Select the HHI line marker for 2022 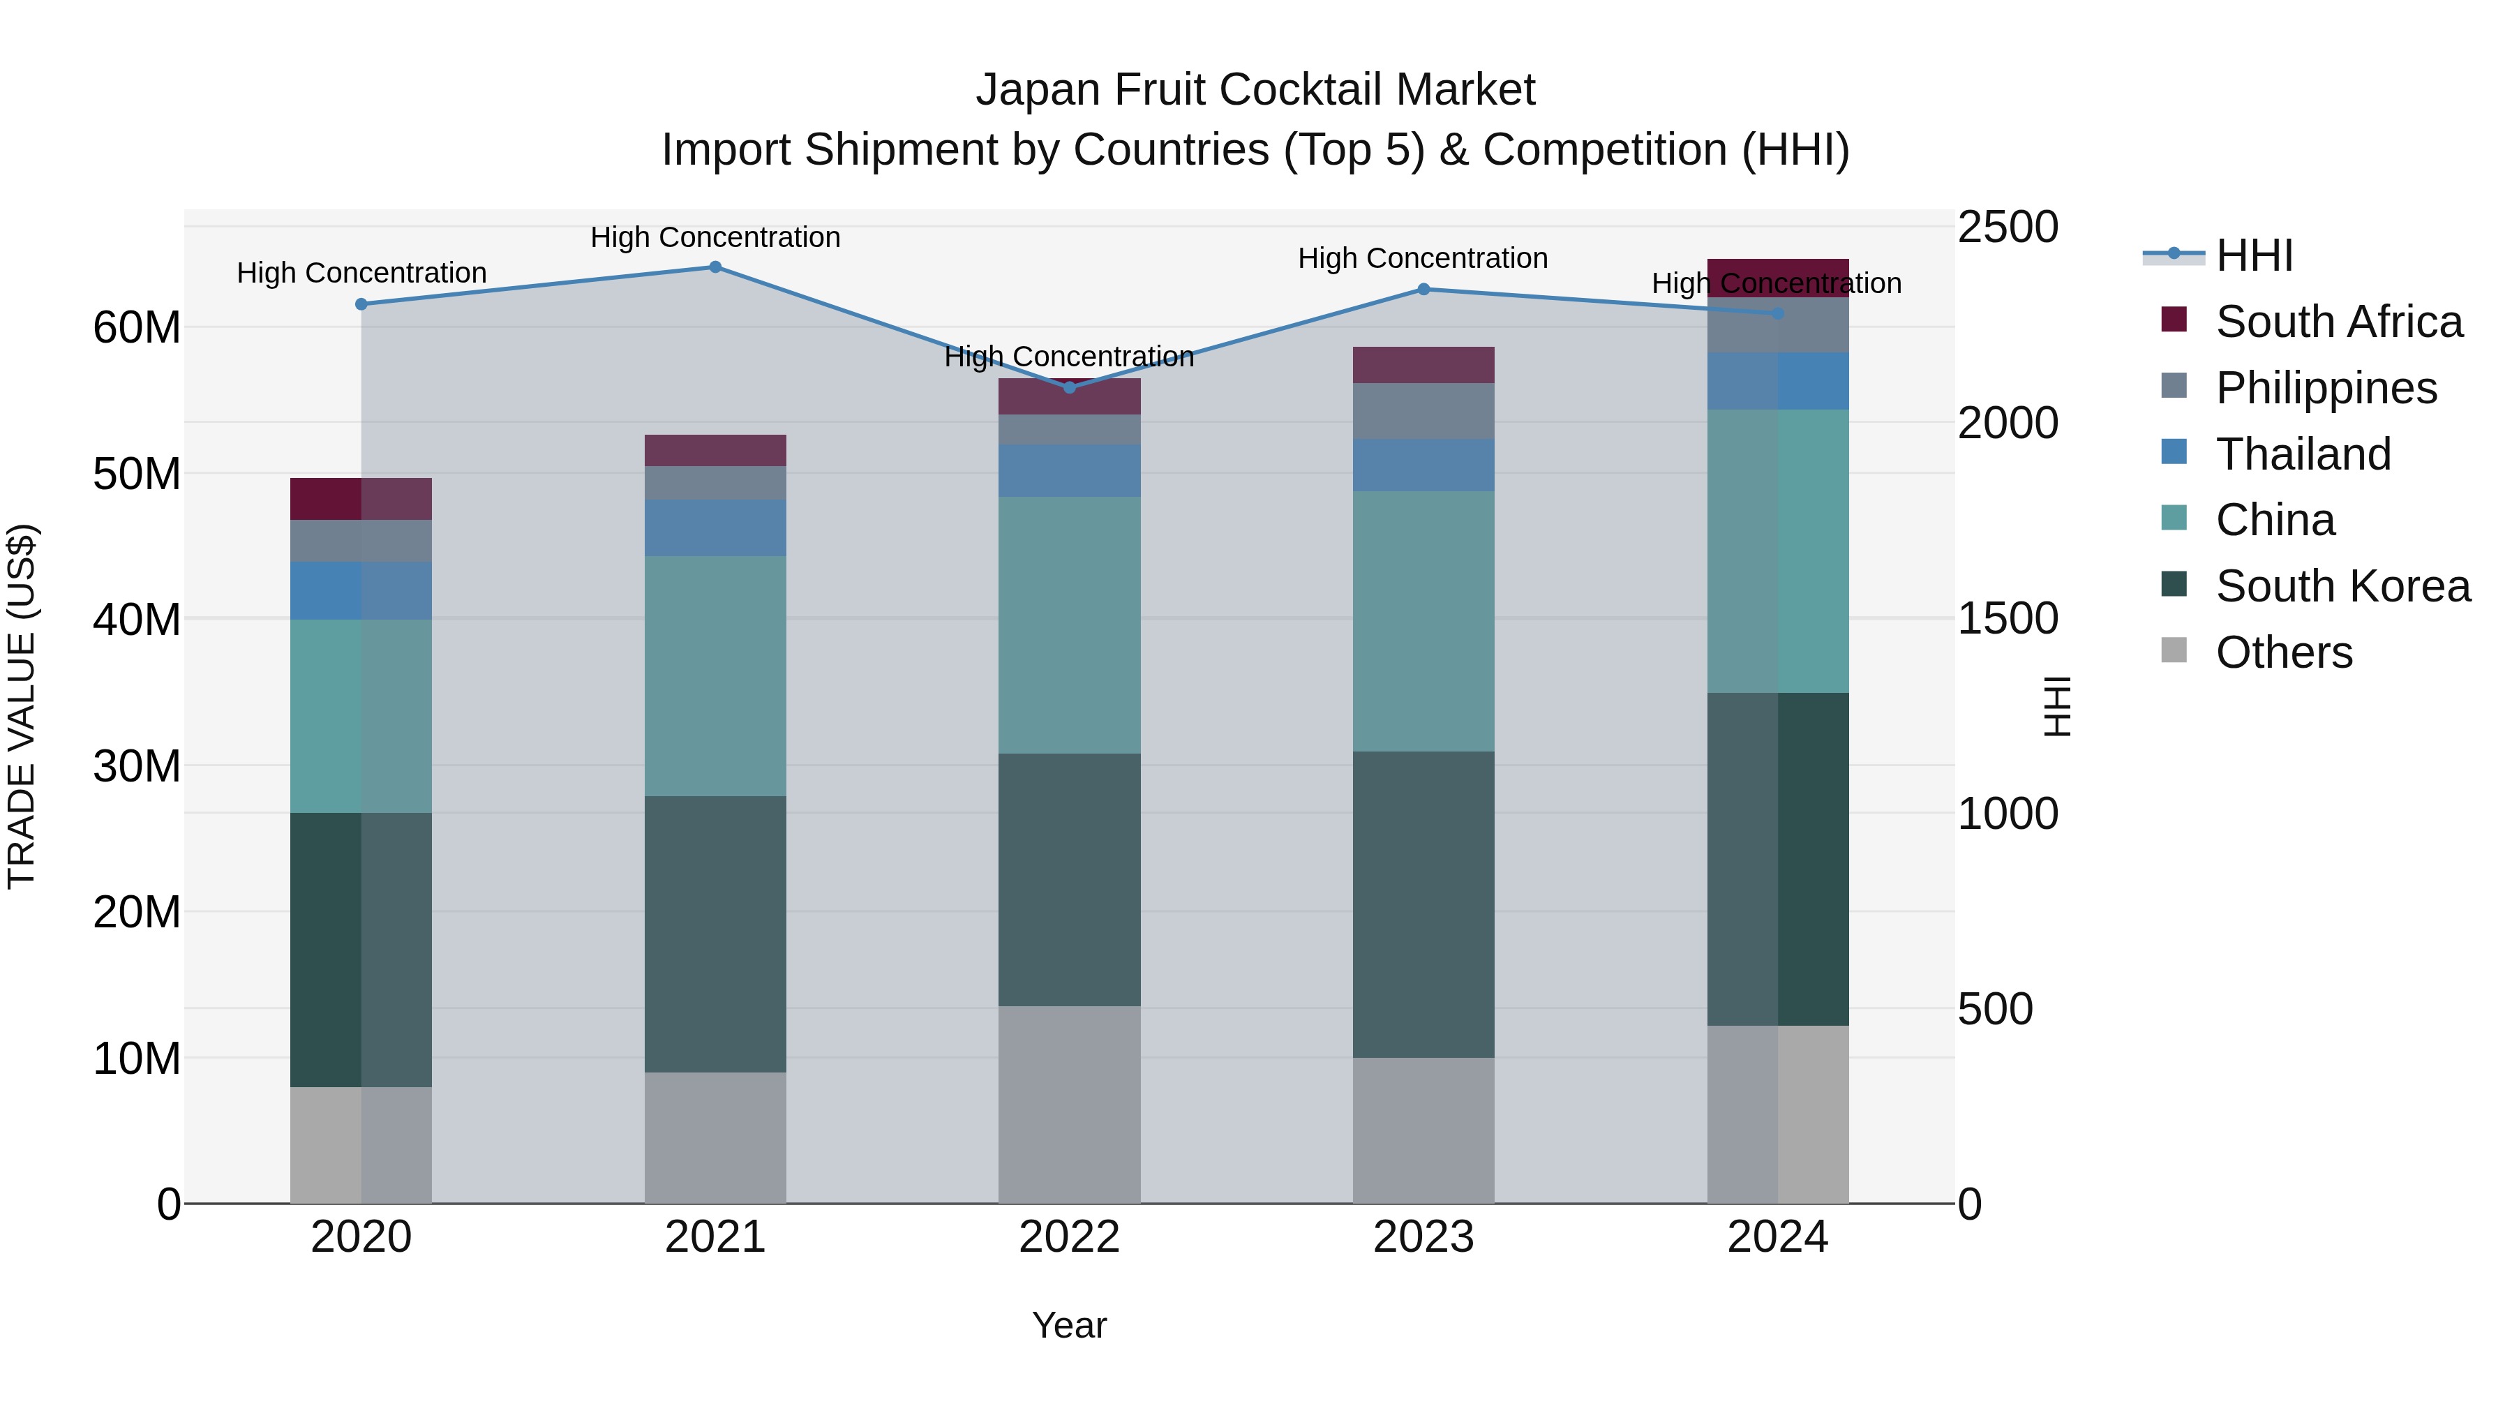point(1069,388)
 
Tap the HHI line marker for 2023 point(1423,290)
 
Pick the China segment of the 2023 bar point(1423,621)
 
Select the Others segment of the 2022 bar point(1069,1105)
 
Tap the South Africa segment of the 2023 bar point(1423,365)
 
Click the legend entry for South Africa point(2338,322)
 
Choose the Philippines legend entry point(2326,388)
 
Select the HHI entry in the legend point(2254,255)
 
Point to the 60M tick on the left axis point(137,328)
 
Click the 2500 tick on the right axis point(2007,227)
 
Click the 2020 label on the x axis point(361,1237)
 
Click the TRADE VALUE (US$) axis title point(22,706)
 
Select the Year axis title point(1069,1325)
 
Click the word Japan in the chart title point(1038,90)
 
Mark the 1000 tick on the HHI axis point(2007,814)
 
